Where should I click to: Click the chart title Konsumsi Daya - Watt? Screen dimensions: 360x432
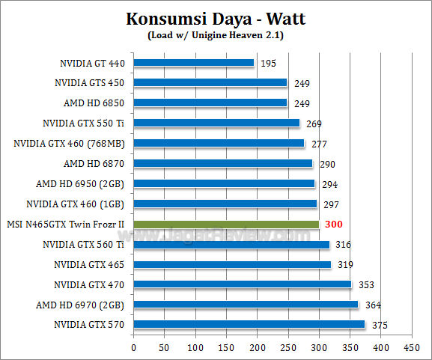click(x=216, y=17)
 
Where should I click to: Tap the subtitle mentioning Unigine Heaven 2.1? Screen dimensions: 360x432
click(x=216, y=34)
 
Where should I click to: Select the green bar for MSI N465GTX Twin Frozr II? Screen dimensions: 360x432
click(x=226, y=224)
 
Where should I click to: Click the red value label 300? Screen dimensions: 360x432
click(x=334, y=224)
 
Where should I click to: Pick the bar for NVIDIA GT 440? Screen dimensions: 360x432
click(x=194, y=63)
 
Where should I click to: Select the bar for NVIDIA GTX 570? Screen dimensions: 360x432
click(x=249, y=324)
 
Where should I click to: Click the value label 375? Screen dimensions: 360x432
click(x=380, y=325)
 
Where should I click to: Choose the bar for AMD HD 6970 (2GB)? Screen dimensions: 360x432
click(x=246, y=304)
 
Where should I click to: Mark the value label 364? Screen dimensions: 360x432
click(x=374, y=305)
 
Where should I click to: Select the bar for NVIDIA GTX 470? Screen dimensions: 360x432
click(x=243, y=284)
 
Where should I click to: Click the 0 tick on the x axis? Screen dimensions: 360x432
click(x=133, y=348)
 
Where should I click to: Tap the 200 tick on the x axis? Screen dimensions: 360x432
click(x=258, y=348)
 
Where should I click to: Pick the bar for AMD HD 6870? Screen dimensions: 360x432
click(x=223, y=163)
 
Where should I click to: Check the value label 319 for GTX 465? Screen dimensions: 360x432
click(x=346, y=264)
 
